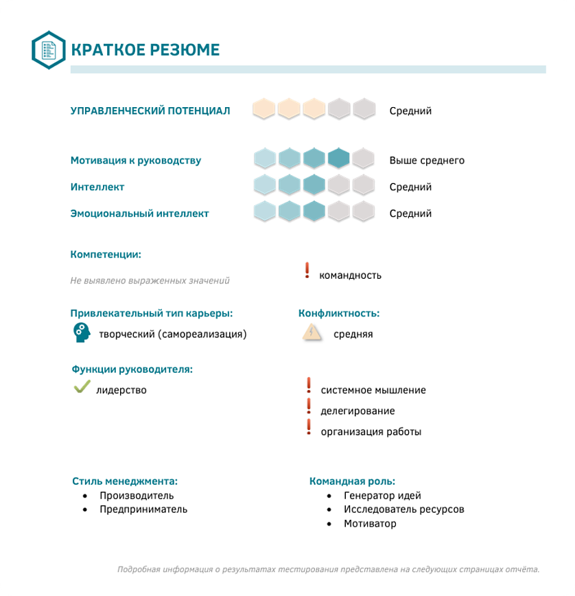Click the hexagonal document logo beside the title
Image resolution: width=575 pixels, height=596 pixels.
(49, 50)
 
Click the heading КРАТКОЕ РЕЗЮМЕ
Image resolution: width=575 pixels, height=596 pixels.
(145, 50)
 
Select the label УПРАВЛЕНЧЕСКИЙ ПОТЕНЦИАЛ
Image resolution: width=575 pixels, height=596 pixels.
(150, 111)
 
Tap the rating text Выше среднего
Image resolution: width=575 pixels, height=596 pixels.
(427, 161)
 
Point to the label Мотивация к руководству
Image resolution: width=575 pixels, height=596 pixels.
(136, 161)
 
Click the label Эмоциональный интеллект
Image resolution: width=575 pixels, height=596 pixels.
(139, 214)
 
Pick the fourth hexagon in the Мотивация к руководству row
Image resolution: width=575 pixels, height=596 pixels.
(338, 159)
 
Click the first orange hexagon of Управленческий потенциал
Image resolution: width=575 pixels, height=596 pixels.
(264, 108)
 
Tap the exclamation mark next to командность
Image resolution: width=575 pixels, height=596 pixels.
(307, 271)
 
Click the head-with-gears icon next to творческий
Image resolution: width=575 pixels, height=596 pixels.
(82, 332)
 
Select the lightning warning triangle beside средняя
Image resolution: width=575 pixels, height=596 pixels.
(312, 333)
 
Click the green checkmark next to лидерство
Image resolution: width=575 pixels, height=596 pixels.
(82, 388)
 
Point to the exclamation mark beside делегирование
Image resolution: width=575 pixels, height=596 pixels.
(309, 407)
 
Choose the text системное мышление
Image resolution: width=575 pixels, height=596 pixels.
(373, 390)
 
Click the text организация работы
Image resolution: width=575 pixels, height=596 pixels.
(371, 432)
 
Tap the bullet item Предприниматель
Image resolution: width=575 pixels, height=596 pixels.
(143, 509)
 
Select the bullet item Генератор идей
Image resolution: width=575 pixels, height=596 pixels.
(383, 496)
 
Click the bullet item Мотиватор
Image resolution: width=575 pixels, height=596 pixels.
(371, 524)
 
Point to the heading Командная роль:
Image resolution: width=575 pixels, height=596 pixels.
(352, 481)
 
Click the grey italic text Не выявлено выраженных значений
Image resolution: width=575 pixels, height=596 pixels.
(150, 281)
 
